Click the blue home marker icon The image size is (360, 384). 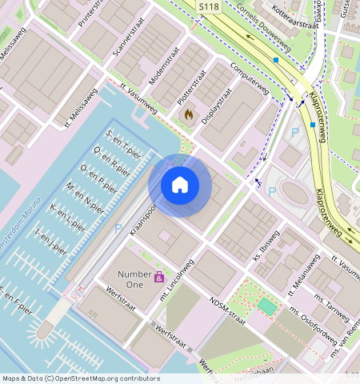click(x=180, y=185)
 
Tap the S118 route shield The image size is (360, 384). click(x=208, y=6)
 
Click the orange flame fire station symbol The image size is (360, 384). click(x=188, y=114)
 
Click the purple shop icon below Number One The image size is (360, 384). click(x=159, y=278)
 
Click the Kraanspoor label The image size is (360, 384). click(x=146, y=212)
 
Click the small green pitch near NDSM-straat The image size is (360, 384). click(x=266, y=306)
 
